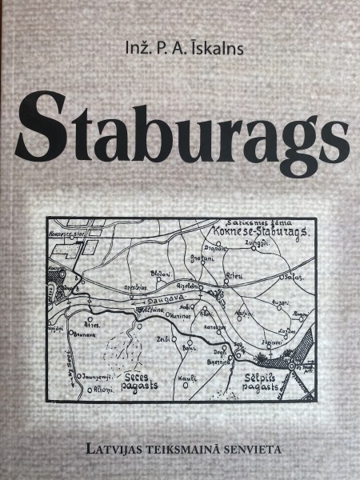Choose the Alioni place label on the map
pyautogui.click(x=91, y=390)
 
